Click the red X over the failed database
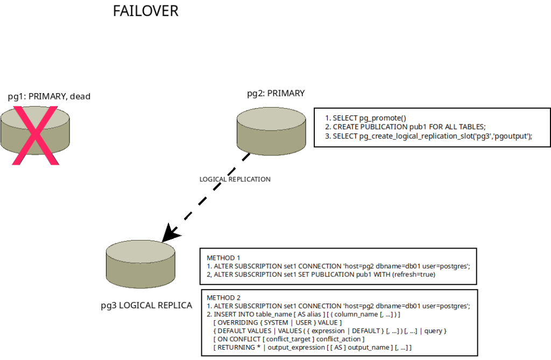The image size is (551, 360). [34, 135]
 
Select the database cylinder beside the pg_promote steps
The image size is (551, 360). [272, 131]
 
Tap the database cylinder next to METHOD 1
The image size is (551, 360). [140, 264]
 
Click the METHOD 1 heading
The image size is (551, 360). [223, 258]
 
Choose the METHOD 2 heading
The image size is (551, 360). [223, 298]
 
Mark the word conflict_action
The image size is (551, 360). [340, 339]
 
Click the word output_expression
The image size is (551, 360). [296, 348]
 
